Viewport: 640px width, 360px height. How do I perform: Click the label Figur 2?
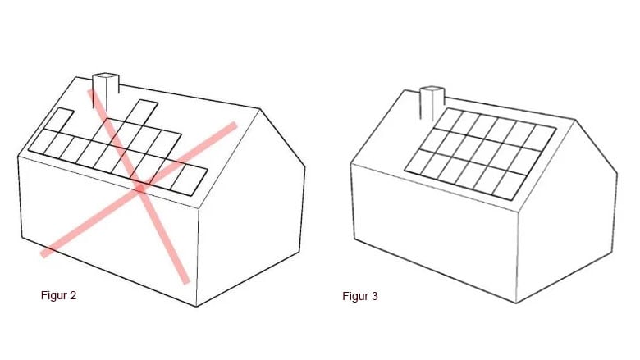[58, 295]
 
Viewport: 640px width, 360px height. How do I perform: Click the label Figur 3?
[360, 296]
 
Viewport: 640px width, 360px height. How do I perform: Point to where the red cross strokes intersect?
[140, 188]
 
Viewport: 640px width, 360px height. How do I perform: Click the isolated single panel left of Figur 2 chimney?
[59, 120]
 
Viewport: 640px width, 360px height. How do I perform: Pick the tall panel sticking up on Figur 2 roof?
[141, 112]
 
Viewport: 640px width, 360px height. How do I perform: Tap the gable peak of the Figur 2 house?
[259, 109]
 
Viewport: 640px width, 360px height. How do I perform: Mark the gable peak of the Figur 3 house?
[575, 120]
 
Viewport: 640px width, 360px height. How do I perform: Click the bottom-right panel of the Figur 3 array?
[509, 186]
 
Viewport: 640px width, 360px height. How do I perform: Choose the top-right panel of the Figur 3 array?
[540, 138]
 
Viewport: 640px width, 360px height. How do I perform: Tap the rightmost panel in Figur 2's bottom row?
[189, 180]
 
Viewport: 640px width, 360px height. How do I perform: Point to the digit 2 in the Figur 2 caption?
[73, 295]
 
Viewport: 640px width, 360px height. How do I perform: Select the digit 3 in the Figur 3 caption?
[375, 296]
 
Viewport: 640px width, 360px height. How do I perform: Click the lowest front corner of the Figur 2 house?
[196, 306]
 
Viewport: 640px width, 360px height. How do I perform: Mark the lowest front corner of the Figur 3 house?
[516, 303]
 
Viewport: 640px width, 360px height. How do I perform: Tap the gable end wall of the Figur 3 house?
[567, 212]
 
